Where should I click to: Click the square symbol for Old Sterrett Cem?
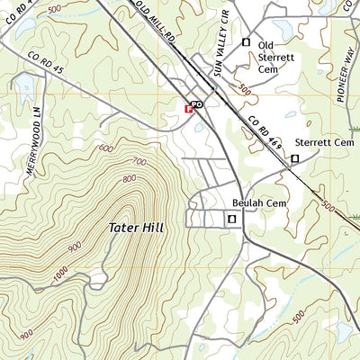pyautogui.click(x=246, y=41)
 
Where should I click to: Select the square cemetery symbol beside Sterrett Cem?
pyautogui.click(x=294, y=159)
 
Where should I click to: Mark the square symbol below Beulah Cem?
pyautogui.click(x=231, y=219)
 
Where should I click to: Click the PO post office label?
pyautogui.click(x=198, y=104)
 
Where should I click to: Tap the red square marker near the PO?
pyautogui.click(x=188, y=109)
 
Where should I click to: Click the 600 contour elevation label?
pyautogui.click(x=105, y=148)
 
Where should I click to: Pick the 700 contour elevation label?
pyautogui.click(x=139, y=162)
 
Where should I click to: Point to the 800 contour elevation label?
pyautogui.click(x=130, y=178)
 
